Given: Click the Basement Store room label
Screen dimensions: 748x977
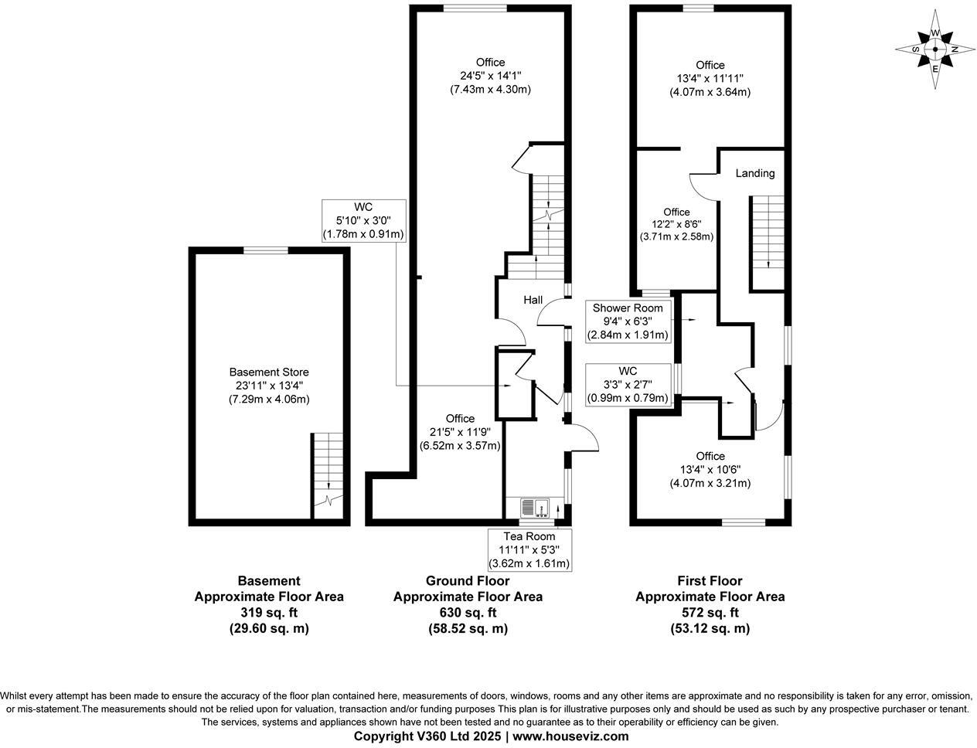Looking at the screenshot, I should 268,372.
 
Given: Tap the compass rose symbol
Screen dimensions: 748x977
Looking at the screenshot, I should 935,49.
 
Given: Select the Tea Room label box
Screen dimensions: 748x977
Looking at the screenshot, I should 529,549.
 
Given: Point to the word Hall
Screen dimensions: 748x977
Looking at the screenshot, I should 533,300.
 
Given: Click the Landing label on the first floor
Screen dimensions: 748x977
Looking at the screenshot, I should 754,173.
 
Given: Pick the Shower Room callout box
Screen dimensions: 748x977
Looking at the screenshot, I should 628,321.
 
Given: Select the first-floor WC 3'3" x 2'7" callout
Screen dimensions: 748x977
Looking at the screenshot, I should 628,384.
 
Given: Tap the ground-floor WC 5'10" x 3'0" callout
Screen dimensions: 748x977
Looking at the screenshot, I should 363,220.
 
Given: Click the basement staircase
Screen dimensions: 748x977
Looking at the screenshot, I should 328,475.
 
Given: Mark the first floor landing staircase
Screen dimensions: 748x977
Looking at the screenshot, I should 768,241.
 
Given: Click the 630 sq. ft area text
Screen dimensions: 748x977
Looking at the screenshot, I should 468,613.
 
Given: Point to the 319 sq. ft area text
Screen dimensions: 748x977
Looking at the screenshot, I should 268,613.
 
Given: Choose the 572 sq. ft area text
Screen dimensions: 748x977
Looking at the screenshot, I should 710,613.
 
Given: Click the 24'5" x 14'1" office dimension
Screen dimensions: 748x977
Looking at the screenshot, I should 490,76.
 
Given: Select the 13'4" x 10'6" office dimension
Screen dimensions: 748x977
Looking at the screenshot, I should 710,470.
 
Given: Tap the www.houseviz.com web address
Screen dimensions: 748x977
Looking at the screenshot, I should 570,736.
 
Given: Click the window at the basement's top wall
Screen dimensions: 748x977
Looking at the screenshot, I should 267,250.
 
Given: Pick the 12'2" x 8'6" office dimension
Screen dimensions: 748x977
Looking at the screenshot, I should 676,225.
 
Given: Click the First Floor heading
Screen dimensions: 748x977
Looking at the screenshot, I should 710,580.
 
